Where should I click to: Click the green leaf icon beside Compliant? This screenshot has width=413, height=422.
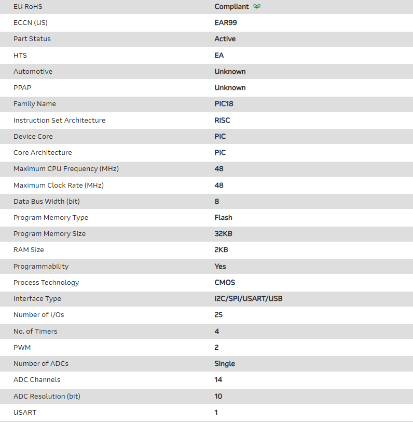click(x=257, y=7)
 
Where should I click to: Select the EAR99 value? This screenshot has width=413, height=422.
click(x=226, y=23)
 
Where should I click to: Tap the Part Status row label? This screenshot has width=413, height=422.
click(x=32, y=39)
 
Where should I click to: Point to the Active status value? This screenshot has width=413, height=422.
click(x=225, y=39)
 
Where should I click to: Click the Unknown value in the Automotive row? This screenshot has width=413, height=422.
click(x=230, y=71)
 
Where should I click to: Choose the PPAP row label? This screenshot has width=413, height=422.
click(x=22, y=87)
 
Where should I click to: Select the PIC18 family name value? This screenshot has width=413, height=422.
click(x=224, y=104)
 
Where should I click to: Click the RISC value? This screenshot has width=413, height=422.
click(x=222, y=120)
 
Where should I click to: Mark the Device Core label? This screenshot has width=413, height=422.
click(x=33, y=136)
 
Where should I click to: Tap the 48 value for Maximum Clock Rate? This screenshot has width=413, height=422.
click(x=218, y=185)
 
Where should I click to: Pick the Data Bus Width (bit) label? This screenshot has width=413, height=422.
click(x=47, y=201)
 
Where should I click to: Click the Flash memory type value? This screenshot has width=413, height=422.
click(x=224, y=217)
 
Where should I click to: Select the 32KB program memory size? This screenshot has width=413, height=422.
click(x=224, y=234)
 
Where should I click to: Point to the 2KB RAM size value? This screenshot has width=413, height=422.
click(x=222, y=250)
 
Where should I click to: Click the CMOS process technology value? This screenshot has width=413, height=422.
click(x=225, y=282)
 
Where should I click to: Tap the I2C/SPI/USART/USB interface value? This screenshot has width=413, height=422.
click(x=249, y=299)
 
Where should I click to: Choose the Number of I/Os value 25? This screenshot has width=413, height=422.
click(x=218, y=315)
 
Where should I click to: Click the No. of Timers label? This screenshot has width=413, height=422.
click(x=35, y=331)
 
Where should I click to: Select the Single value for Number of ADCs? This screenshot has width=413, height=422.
click(x=225, y=364)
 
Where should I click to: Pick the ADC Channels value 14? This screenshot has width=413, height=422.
click(x=218, y=380)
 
